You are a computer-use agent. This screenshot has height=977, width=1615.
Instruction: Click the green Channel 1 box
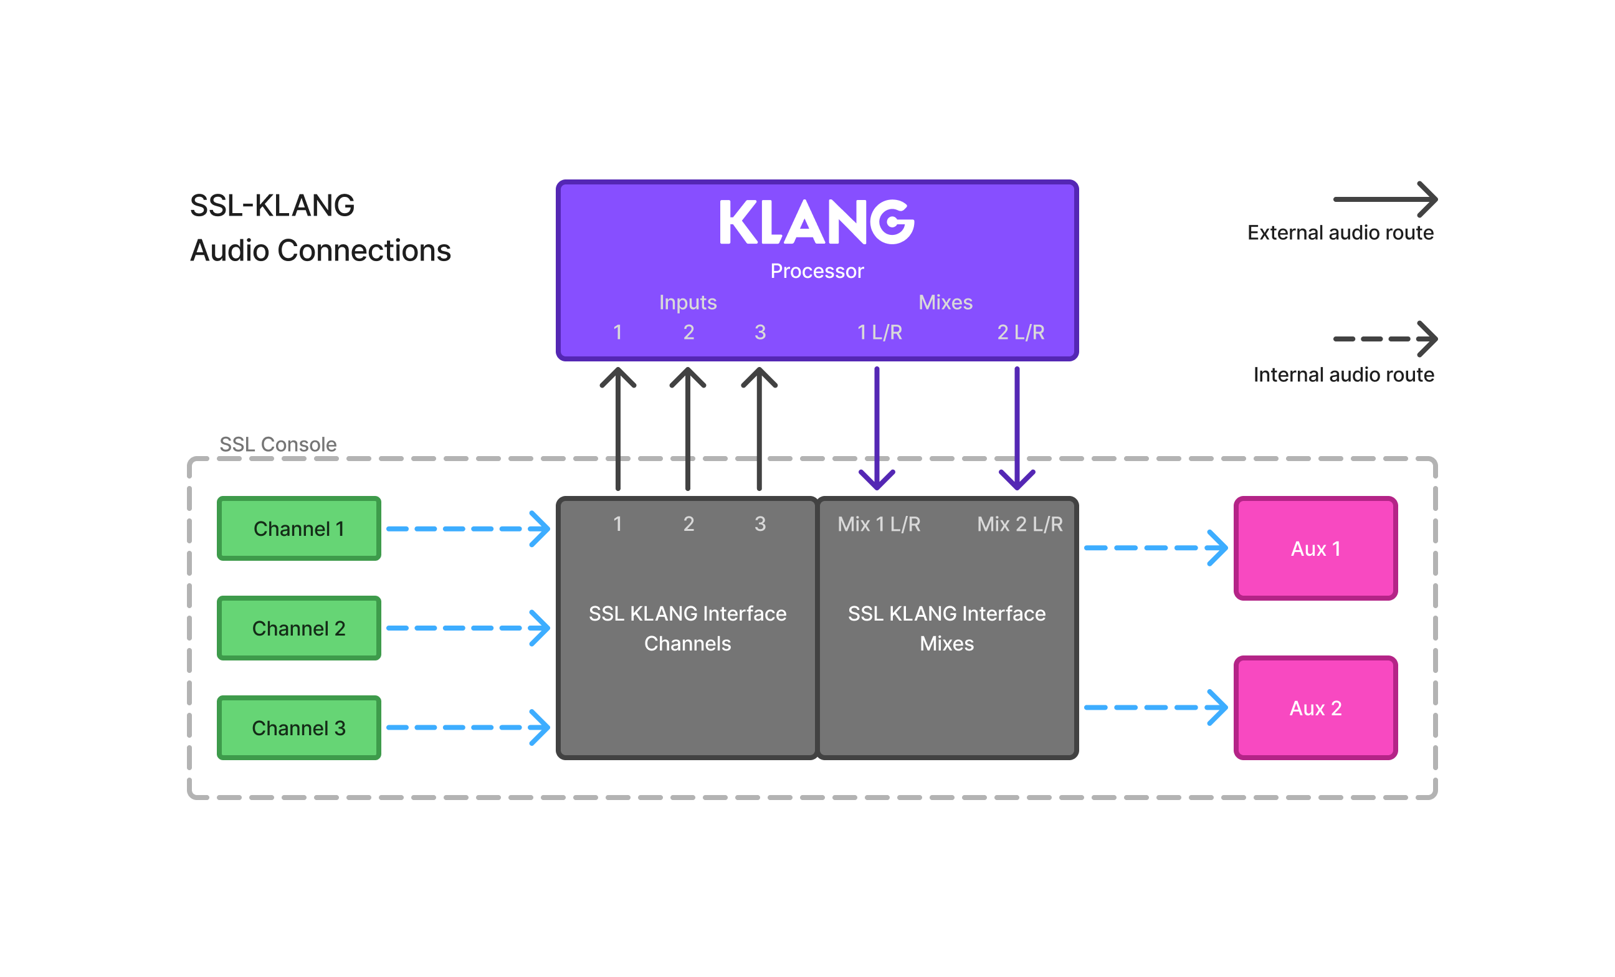(x=299, y=528)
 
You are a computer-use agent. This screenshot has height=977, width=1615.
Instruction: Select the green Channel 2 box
(x=299, y=627)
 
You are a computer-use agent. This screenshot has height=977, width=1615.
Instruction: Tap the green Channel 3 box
(x=299, y=727)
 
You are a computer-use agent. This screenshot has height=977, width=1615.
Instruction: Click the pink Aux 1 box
(x=1315, y=548)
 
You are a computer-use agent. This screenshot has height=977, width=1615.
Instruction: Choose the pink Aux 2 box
(x=1315, y=708)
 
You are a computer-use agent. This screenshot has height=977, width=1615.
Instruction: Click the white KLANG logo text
(x=817, y=223)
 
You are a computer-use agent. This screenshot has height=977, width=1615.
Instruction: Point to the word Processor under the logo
(x=817, y=270)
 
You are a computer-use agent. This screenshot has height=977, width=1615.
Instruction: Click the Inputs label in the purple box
(x=687, y=302)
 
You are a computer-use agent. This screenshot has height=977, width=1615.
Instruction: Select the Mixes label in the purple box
(x=945, y=302)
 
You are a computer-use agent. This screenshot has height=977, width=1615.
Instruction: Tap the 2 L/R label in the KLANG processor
(x=1021, y=332)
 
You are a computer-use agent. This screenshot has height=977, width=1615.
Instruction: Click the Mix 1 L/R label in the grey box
(x=879, y=523)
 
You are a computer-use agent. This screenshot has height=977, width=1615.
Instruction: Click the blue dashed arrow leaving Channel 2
(x=467, y=627)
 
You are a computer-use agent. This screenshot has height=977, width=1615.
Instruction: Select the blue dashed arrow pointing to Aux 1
(x=1155, y=548)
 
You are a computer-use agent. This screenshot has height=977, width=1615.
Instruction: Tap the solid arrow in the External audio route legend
(x=1384, y=199)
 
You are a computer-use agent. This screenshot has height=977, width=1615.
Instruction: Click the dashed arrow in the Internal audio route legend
(x=1384, y=339)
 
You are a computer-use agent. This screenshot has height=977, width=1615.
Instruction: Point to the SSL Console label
(x=278, y=444)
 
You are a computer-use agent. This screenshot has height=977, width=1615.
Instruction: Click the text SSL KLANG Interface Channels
(x=687, y=627)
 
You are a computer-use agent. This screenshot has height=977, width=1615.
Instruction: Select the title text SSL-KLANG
(x=272, y=206)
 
